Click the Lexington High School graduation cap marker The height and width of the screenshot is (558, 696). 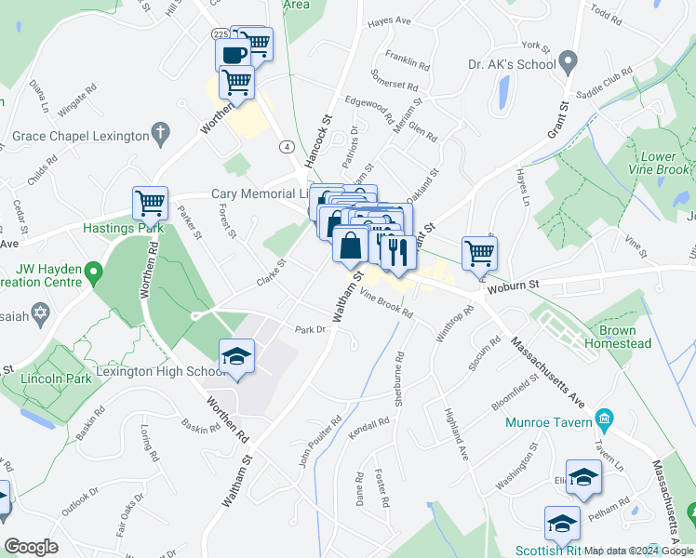(x=236, y=357)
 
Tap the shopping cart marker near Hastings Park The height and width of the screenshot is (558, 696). (x=149, y=202)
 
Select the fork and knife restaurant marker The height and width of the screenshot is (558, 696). (x=397, y=251)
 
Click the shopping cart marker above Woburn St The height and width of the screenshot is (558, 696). (x=479, y=252)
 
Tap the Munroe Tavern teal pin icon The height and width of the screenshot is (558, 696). (x=607, y=419)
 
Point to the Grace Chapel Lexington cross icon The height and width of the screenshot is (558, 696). (x=161, y=135)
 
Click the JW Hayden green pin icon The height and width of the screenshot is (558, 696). (x=92, y=272)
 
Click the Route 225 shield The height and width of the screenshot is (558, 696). (x=220, y=34)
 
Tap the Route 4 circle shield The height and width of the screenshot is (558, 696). (x=288, y=147)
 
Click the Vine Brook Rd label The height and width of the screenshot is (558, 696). (x=385, y=304)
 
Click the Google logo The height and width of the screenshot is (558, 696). (x=31, y=547)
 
